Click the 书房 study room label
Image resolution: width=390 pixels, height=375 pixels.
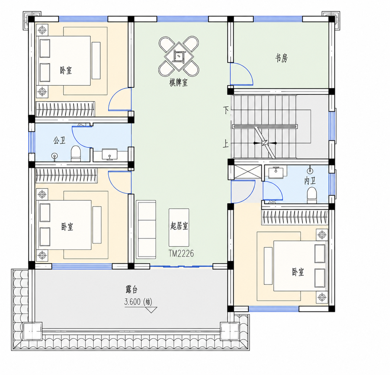click(281, 58)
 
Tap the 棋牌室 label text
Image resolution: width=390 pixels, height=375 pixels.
click(179, 83)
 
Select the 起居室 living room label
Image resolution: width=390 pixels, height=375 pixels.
click(179, 226)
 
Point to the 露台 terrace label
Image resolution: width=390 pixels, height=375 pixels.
click(132, 289)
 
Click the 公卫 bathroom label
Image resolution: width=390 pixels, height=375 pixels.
click(59, 140)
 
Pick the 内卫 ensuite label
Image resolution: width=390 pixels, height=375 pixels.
click(310, 181)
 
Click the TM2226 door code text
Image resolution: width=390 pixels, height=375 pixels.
click(181, 254)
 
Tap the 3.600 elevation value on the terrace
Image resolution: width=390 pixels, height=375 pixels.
click(132, 302)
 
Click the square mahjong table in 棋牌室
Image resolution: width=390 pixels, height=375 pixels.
click(179, 56)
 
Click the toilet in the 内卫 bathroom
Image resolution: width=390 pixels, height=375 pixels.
click(312, 195)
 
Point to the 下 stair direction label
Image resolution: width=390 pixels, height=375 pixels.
click(226, 110)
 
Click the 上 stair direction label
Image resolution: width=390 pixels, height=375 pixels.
click(226, 144)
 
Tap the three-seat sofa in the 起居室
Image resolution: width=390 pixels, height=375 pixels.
click(146, 230)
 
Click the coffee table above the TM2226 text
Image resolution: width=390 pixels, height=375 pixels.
click(179, 227)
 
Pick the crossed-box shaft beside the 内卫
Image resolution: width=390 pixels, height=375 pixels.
click(248, 172)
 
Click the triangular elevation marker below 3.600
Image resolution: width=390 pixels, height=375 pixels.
click(151, 310)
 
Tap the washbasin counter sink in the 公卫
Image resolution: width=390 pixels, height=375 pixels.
click(110, 154)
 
